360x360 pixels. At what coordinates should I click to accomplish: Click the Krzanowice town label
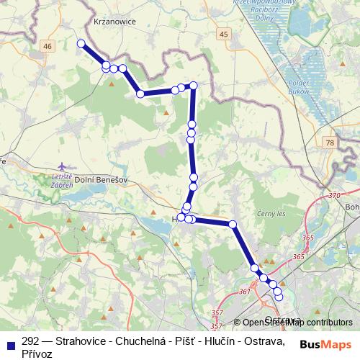coord(114,22)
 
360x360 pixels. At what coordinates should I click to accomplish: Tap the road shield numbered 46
coord(48,46)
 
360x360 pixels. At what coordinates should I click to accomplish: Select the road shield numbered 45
coord(224,34)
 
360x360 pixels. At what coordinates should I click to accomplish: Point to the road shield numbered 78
coord(330,143)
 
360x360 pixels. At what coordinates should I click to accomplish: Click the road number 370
coord(333,195)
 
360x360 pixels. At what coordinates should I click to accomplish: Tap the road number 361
coord(244,291)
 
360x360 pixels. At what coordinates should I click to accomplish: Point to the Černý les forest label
coord(271,215)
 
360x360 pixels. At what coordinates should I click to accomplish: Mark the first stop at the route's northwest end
coord(81,43)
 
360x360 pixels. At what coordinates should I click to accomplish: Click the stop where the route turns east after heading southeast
coord(140,94)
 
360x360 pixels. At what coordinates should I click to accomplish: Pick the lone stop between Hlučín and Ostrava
coord(233,225)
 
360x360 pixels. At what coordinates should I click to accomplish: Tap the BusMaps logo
coord(325,344)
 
